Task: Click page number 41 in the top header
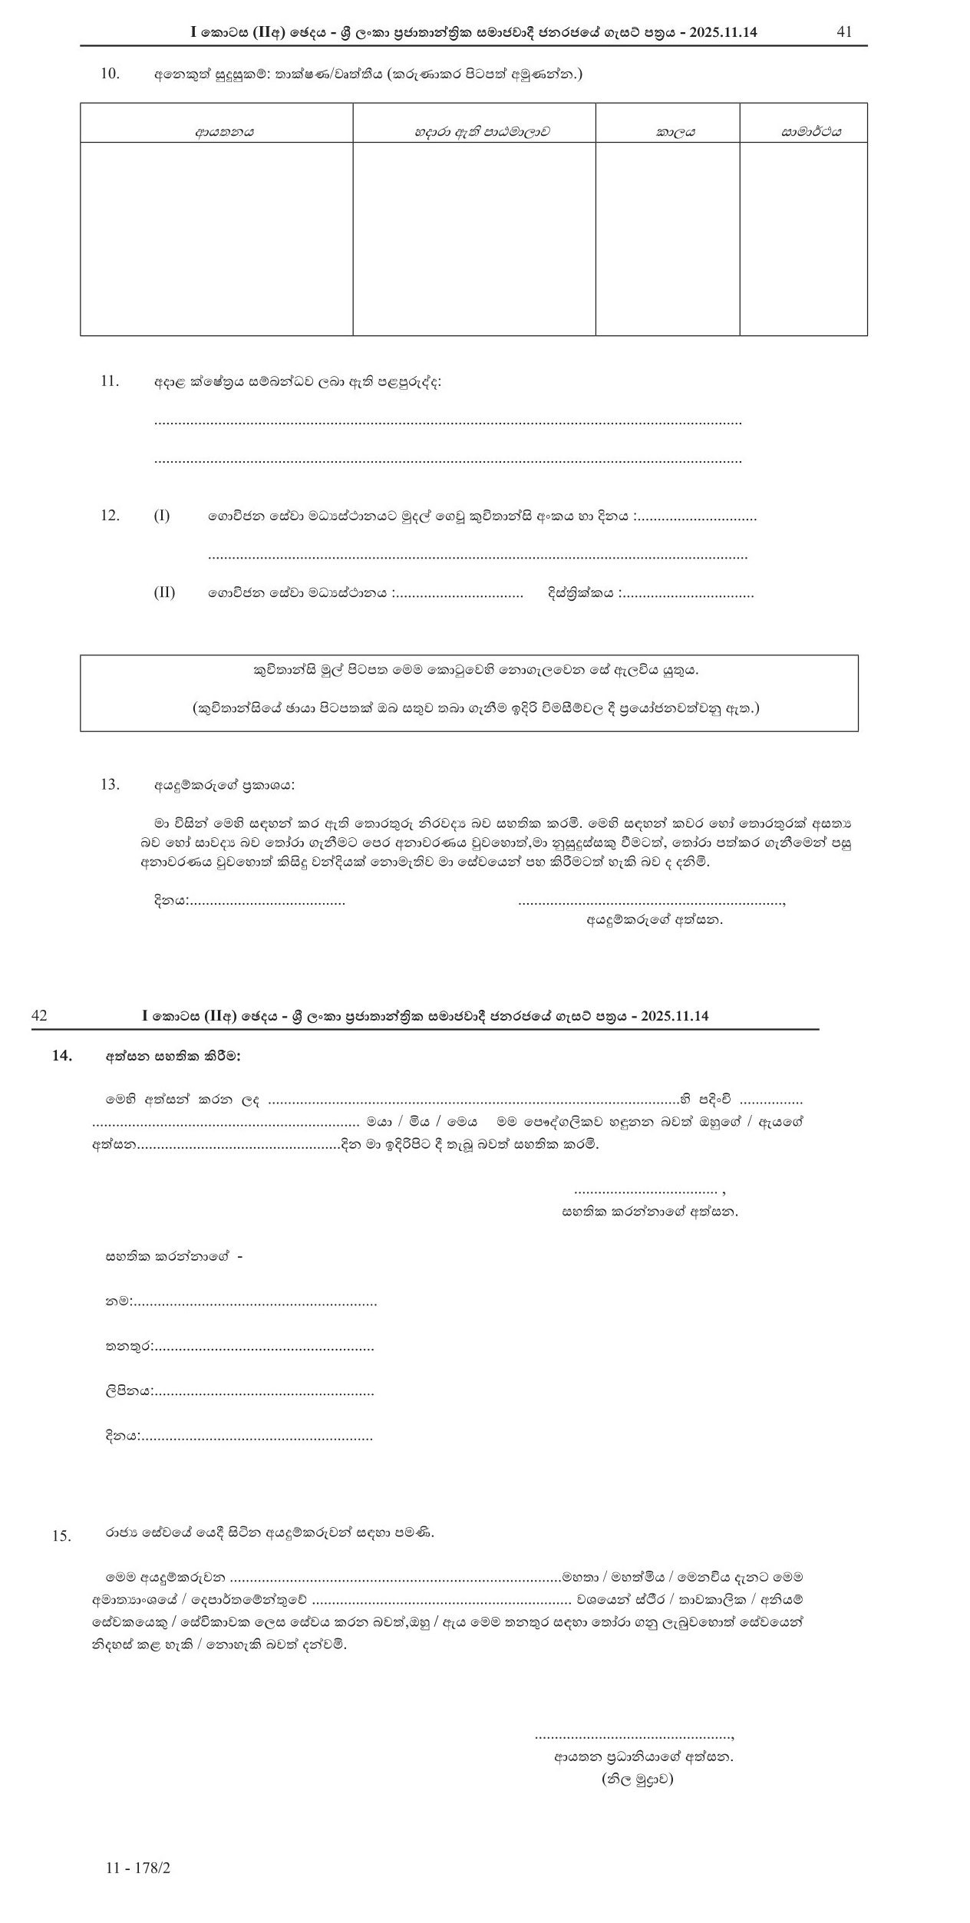click(x=844, y=31)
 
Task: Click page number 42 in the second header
click(x=39, y=1015)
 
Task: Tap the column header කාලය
click(x=675, y=132)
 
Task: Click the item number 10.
click(x=111, y=74)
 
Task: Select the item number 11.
click(x=111, y=381)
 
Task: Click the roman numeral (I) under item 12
click(x=161, y=515)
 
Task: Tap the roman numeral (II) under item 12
click(x=164, y=592)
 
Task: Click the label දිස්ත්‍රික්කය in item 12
click(x=580, y=593)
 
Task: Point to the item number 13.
click(x=111, y=783)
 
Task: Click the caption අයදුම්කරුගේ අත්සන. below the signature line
click(x=654, y=919)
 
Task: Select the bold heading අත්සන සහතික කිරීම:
click(x=173, y=1056)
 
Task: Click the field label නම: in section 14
click(x=119, y=1301)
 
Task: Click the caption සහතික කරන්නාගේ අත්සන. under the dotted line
click(x=649, y=1212)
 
